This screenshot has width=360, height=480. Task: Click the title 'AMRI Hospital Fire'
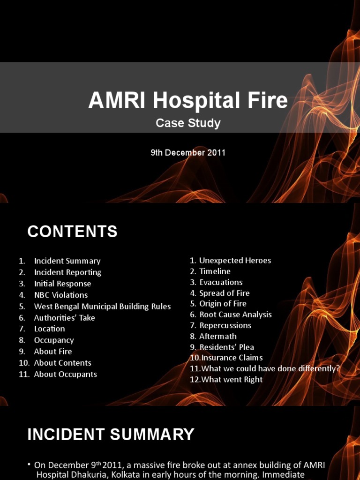pos(188,100)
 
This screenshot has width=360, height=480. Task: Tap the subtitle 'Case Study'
pos(188,123)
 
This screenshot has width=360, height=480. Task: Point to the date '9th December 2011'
pos(188,152)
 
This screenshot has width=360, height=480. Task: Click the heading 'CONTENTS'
pos(72,232)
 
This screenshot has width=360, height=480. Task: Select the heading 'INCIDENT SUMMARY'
pos(111,435)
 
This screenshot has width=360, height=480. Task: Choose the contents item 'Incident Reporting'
pos(67,272)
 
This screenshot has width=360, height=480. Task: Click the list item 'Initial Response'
pos(62,284)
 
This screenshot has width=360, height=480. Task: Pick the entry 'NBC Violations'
pos(61,295)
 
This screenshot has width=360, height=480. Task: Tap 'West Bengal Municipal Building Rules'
pos(102,306)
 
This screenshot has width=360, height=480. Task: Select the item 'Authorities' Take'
pos(64,317)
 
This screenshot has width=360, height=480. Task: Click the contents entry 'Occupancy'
pos(54,340)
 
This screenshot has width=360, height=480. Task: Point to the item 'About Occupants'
pos(65,374)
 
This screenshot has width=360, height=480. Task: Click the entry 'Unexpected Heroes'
pos(235,260)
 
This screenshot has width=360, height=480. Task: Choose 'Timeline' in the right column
pos(215,271)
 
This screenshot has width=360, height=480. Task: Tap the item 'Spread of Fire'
pos(224,293)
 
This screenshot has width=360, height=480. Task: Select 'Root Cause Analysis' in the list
pos(235,315)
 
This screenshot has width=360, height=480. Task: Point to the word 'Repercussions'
pos(225,325)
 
